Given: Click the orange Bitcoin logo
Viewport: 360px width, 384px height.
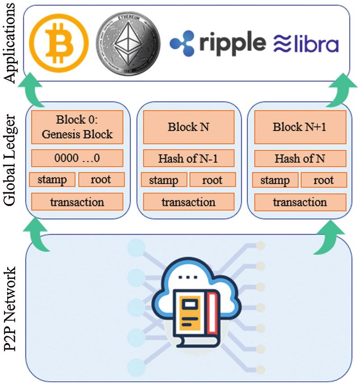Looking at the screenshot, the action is (59, 43).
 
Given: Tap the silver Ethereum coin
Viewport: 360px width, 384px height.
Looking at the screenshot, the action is (128, 43).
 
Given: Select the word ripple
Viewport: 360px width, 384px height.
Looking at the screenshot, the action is (233, 43).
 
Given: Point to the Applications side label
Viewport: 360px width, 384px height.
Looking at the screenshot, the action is (10, 43).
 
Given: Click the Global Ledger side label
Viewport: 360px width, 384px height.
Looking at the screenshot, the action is (10, 160).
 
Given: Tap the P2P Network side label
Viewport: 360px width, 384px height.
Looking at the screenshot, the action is (10, 309).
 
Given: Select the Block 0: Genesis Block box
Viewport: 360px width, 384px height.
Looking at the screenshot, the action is (77, 127).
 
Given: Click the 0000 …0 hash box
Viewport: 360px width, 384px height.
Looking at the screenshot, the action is (77, 158).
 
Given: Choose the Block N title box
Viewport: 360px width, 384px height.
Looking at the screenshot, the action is (188, 127).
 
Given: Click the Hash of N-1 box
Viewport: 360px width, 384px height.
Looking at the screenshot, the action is (188, 159).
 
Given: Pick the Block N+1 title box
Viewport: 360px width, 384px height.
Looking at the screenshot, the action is (300, 127).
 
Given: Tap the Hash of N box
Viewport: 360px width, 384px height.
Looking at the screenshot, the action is (300, 159).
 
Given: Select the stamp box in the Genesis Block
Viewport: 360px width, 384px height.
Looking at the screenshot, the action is (52, 179).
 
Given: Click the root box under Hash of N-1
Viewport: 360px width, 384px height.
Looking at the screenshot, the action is (213, 180).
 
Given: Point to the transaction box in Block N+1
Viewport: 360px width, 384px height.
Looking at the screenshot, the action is (300, 202).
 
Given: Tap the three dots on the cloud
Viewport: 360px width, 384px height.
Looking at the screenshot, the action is (188, 277).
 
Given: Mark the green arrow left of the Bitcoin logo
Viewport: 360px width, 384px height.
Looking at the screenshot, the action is (32, 89).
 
